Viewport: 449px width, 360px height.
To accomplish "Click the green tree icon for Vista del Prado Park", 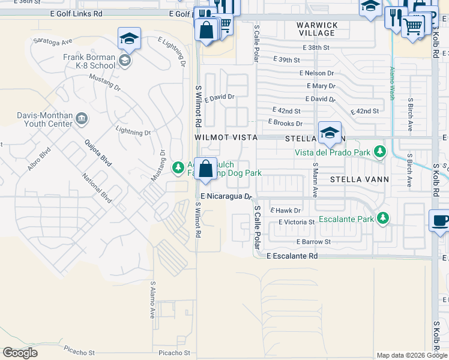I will pyautogui.click(x=379, y=152).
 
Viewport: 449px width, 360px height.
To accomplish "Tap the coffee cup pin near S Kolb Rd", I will pyautogui.click(x=439, y=220).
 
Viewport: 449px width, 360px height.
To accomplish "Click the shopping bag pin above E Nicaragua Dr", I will pyautogui.click(x=205, y=170).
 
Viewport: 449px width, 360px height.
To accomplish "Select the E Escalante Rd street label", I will pyautogui.click(x=292, y=256).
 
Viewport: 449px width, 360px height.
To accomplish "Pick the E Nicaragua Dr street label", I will pyautogui.click(x=228, y=196).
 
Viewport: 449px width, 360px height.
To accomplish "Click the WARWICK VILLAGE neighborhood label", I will pyautogui.click(x=318, y=29).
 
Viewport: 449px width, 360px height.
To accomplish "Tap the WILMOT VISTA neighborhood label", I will pyautogui.click(x=226, y=137).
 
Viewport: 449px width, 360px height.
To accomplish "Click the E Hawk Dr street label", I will pyautogui.click(x=285, y=210).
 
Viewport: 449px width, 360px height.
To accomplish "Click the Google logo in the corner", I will pyautogui.click(x=20, y=353).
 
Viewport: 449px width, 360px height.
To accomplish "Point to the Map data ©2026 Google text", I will pyautogui.click(x=411, y=355).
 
